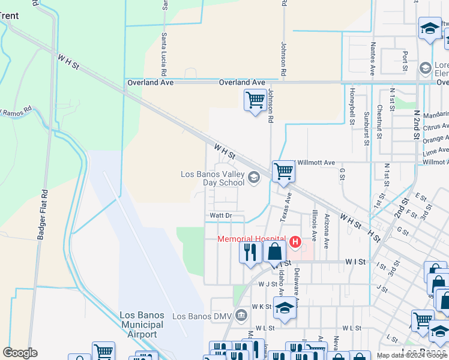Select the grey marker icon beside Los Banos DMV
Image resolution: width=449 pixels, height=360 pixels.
click(241, 315)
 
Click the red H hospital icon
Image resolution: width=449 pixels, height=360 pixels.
click(295, 242)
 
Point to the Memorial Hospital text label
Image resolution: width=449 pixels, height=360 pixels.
click(252, 239)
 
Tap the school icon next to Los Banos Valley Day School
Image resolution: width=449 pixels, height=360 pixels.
click(254, 176)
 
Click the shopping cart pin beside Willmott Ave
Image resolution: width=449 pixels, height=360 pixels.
click(283, 171)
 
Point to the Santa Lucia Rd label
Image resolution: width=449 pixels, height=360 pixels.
click(163, 50)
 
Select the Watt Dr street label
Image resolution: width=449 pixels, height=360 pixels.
click(220, 215)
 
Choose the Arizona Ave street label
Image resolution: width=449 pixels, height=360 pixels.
click(327, 231)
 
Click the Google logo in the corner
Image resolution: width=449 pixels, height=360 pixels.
click(20, 353)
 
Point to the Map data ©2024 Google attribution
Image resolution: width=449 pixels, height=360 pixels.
click(412, 355)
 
